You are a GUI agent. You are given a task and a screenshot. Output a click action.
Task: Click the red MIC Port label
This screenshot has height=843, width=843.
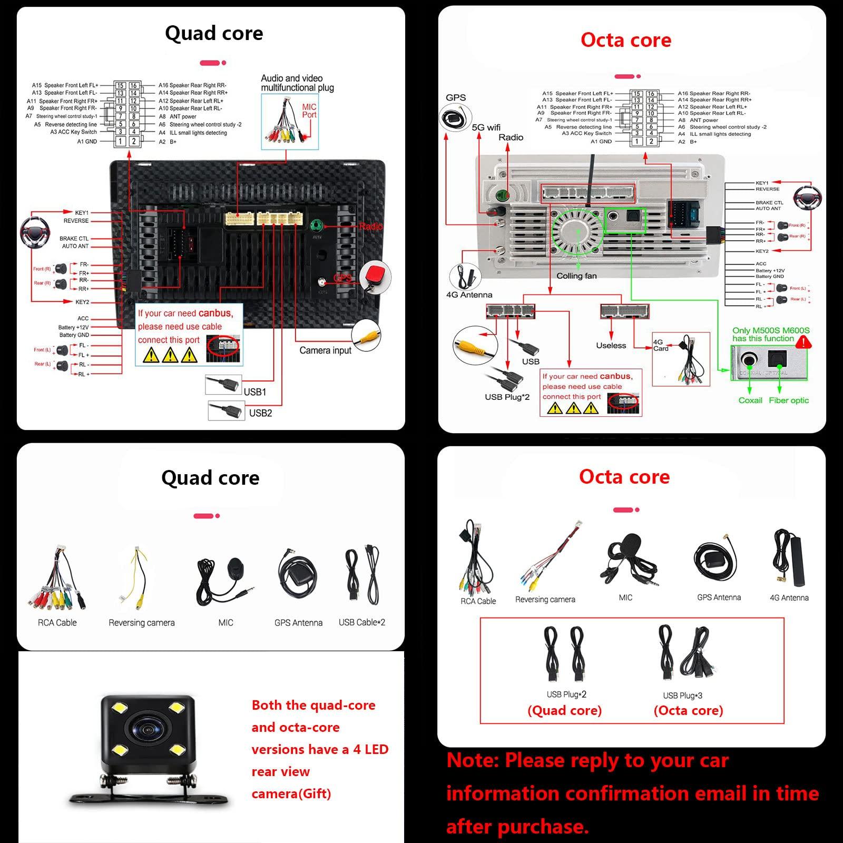[309, 111]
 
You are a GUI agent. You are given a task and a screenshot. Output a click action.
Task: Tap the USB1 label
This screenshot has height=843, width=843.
[255, 391]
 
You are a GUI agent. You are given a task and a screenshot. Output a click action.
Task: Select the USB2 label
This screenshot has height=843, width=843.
[260, 413]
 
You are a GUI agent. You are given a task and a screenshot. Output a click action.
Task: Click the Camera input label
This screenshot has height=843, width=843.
[325, 350]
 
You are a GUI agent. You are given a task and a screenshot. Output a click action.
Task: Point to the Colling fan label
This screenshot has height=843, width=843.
[576, 276]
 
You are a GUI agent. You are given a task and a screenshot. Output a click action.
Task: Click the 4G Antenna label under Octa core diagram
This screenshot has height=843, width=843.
[469, 295]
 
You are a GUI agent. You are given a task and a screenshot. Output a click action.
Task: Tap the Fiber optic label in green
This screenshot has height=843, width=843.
[788, 400]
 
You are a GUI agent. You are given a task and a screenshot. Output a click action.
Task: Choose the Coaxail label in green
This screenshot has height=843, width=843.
[750, 400]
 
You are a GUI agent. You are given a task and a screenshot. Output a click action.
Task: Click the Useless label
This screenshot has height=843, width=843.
[611, 346]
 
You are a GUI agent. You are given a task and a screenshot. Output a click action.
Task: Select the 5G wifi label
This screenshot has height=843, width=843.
[486, 128]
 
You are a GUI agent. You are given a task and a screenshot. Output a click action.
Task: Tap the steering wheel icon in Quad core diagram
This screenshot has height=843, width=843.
[34, 230]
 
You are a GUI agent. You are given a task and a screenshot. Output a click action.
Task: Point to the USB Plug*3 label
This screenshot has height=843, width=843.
[682, 695]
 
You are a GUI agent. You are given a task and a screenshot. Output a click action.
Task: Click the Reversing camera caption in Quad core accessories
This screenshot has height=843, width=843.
[141, 623]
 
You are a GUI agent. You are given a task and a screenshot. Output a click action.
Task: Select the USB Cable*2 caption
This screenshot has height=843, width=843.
[361, 622]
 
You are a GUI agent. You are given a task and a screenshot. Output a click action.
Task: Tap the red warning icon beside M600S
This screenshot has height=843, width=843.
[803, 343]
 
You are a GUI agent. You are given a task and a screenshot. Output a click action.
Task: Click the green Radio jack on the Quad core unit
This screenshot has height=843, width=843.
[316, 227]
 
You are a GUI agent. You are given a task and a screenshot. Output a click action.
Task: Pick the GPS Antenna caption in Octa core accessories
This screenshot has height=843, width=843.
[719, 597]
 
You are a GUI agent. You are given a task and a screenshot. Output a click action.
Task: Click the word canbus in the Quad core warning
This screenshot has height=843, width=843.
[215, 313]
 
